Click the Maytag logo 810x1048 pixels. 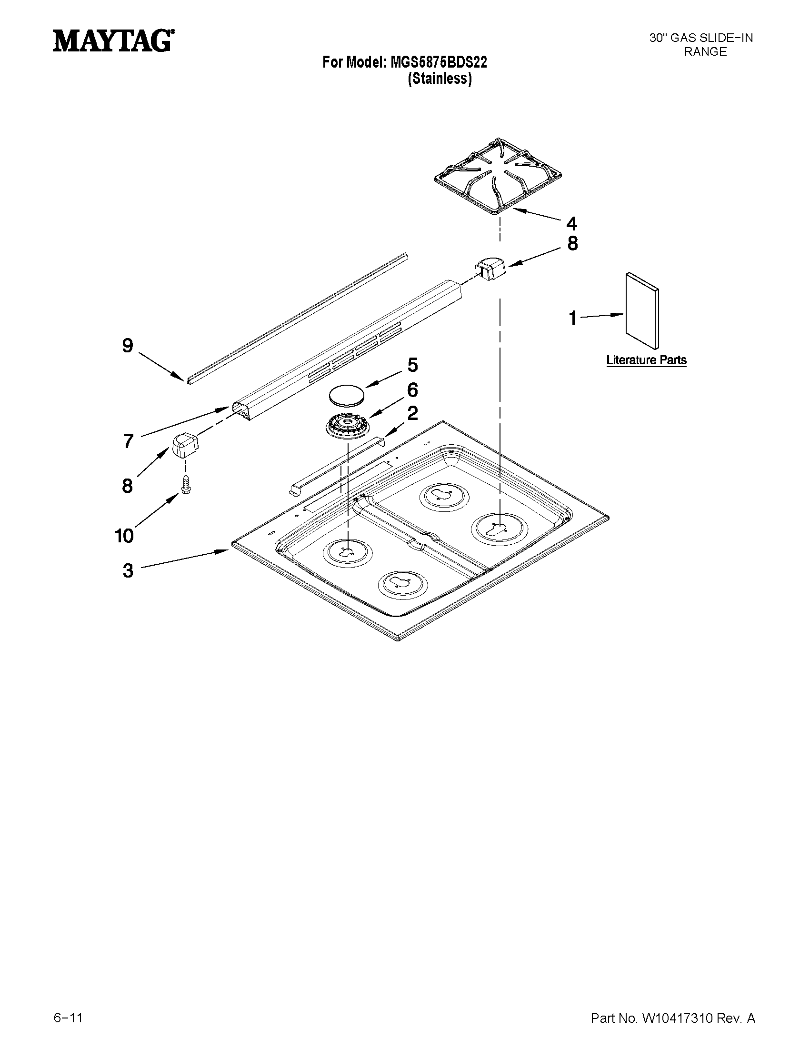pos(113,41)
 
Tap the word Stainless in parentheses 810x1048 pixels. pos(440,79)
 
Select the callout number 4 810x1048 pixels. pos(571,224)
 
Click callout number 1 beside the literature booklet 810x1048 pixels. pos(572,318)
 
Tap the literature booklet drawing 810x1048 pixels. pos(642,310)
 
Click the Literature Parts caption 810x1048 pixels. pos(646,360)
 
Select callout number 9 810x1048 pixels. pos(127,346)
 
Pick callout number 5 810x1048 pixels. pos(412,365)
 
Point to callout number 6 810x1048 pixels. pos(412,389)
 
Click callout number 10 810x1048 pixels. pos(124,536)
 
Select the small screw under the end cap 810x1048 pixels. pos(184,485)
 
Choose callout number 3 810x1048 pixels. pos(128,570)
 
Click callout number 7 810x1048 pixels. pos(128,441)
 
